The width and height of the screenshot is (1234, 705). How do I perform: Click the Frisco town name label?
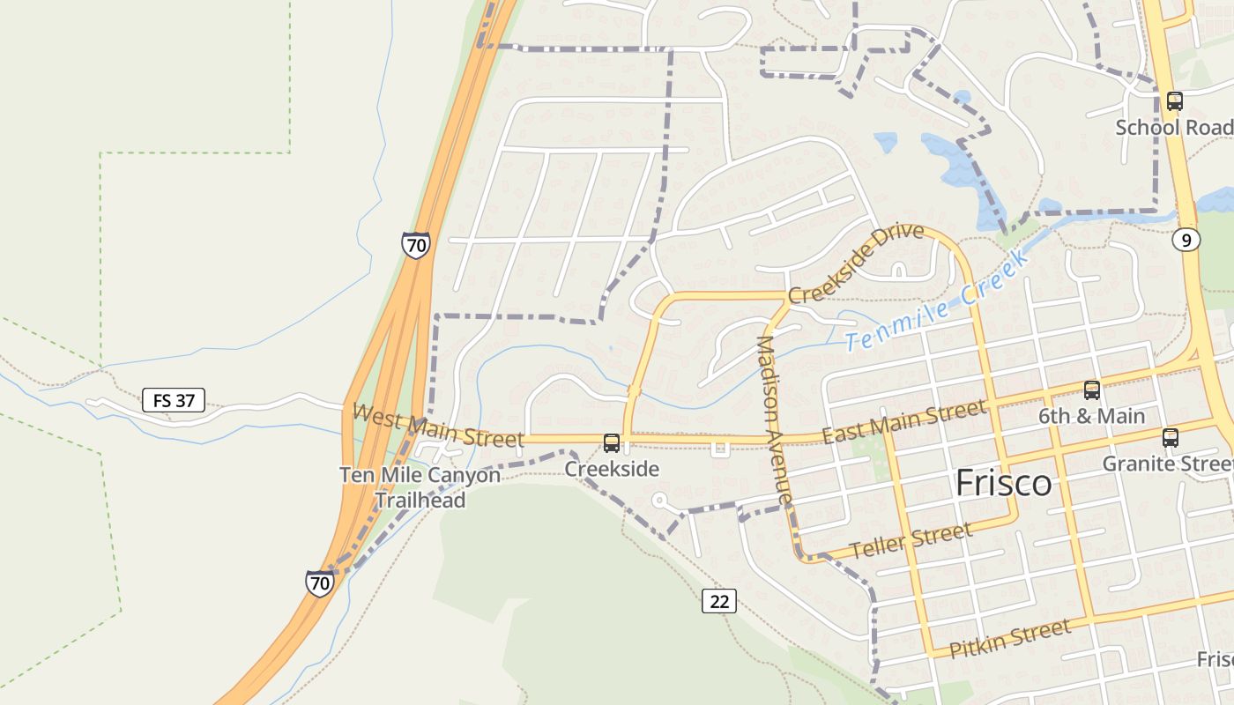[1003, 483]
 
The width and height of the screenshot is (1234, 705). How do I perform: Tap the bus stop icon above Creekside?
[611, 442]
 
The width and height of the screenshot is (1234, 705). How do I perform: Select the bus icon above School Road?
[1174, 101]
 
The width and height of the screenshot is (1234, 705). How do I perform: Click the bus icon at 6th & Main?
[1091, 390]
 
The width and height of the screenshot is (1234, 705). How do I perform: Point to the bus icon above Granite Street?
[1170, 437]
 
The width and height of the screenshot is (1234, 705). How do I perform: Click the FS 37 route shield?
[174, 401]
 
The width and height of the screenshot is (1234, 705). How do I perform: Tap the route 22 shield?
[719, 601]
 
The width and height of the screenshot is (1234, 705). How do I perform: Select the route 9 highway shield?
[1186, 239]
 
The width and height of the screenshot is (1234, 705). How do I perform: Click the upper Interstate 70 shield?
[415, 244]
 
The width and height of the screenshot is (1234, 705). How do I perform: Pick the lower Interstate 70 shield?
[320, 583]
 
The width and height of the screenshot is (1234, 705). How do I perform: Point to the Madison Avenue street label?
[774, 420]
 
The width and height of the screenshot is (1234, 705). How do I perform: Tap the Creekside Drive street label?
[856, 263]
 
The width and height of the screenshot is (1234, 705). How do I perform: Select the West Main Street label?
[438, 425]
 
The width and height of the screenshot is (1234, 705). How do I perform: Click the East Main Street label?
[903, 422]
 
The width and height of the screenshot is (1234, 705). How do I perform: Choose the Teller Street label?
[911, 539]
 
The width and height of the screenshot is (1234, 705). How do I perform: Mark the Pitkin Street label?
[1010, 639]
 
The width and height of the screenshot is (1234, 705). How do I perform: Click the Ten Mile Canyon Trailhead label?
[420, 487]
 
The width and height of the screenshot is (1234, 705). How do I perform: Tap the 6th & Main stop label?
[1091, 416]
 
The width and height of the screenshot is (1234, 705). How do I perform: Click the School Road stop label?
[1172, 127]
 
